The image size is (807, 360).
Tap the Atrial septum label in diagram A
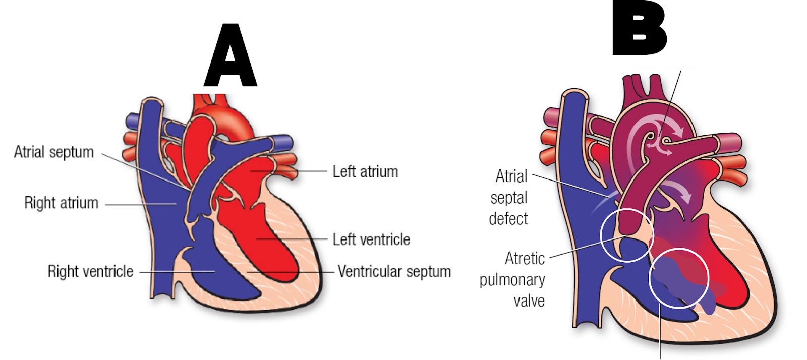[x=54, y=152]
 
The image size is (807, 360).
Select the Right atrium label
[x=61, y=203]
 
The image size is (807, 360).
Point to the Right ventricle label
[x=90, y=271]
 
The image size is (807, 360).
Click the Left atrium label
[x=365, y=171]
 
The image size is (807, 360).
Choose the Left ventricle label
[x=371, y=239]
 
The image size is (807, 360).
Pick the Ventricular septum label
[x=394, y=271]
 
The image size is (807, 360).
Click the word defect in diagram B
[x=508, y=219]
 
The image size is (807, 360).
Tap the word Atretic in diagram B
[x=525, y=258]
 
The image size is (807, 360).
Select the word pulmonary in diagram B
[x=512, y=280]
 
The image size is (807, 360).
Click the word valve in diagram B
[x=529, y=301]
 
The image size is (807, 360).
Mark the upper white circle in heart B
[x=627, y=235]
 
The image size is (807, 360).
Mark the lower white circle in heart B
[x=678, y=277]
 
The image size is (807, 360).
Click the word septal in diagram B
[x=508, y=198]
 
